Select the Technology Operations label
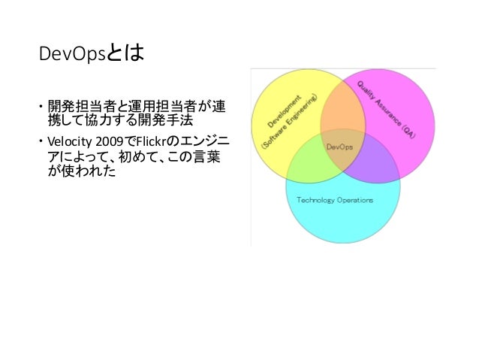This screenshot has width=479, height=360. (x=335, y=200)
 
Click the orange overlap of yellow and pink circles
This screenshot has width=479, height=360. (x=343, y=109)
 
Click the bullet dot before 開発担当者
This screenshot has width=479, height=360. (x=41, y=104)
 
